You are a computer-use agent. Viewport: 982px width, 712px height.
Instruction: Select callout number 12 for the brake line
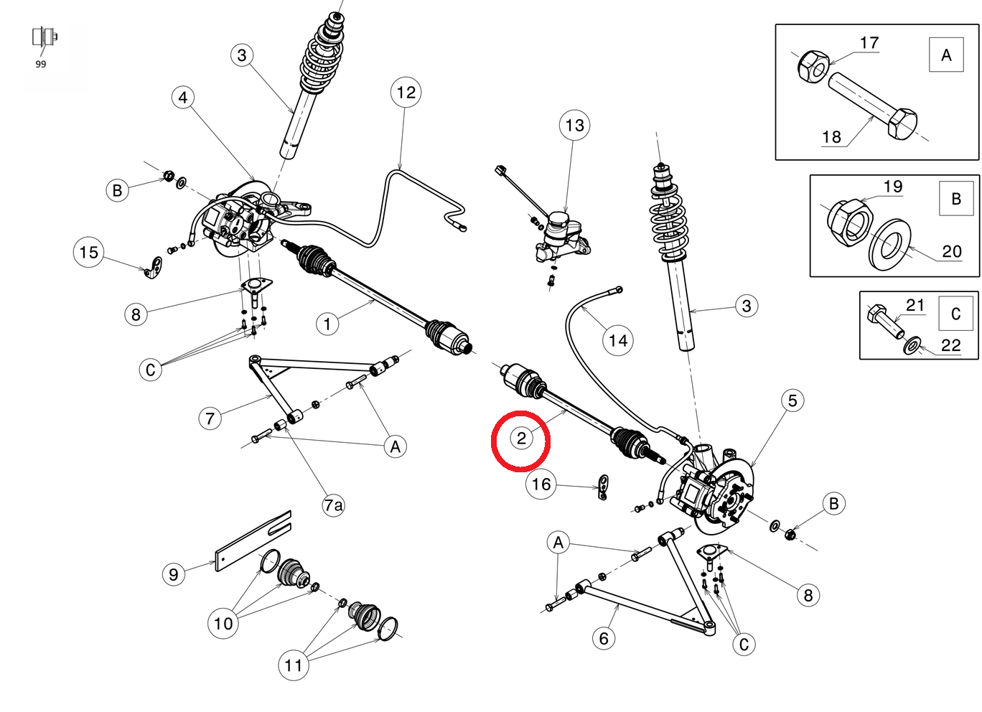tap(406, 93)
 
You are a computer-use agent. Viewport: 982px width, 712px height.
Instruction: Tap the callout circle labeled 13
tap(574, 126)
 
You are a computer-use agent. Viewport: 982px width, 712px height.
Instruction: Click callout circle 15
tap(89, 253)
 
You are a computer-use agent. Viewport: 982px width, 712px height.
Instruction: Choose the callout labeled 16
tap(541, 485)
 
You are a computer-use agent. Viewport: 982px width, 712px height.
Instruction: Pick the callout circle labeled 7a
tap(333, 505)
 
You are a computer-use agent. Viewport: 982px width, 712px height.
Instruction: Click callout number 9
tap(174, 574)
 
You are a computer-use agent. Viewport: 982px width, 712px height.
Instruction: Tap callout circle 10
tap(223, 623)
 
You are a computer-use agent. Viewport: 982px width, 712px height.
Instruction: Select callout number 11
tap(293, 665)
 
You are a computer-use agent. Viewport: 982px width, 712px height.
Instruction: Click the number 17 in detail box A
tap(869, 43)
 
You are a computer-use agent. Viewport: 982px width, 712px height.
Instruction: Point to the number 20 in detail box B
tap(951, 251)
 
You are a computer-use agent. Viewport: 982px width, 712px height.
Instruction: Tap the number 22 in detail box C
tap(950, 345)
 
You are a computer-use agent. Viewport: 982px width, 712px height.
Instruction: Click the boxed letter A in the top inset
tap(946, 55)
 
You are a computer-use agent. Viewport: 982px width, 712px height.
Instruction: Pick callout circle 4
tap(183, 98)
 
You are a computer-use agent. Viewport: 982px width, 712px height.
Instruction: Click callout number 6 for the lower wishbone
tap(604, 638)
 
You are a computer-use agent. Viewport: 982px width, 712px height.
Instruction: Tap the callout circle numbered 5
tap(792, 400)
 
